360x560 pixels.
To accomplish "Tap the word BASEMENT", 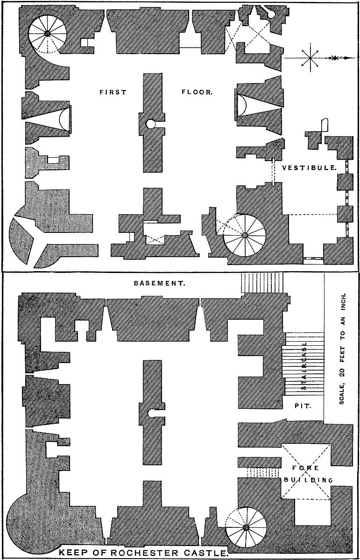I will [x=160, y=283].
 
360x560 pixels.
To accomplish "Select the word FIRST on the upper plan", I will [x=113, y=92].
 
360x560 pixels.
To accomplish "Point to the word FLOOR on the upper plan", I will [x=197, y=92].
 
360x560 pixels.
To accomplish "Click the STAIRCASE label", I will [x=303, y=364].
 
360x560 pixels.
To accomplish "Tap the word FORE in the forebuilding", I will [x=306, y=468].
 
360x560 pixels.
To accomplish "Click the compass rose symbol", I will [x=310, y=58].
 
